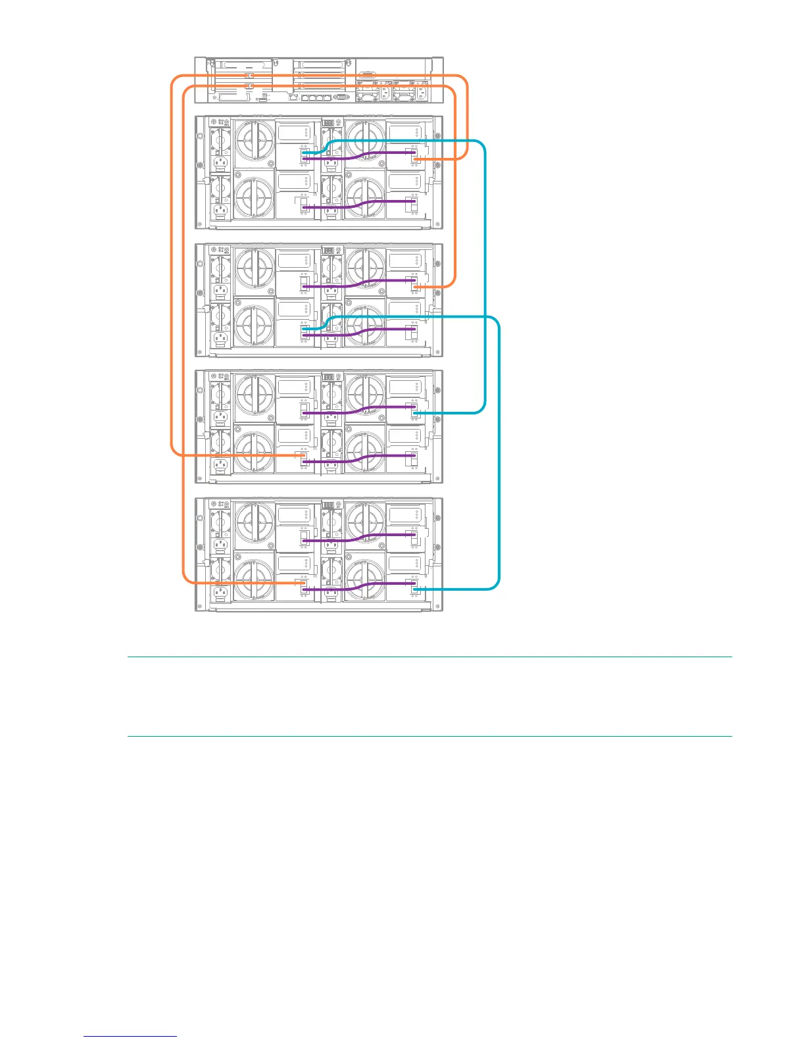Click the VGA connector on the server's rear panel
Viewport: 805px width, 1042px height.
click(x=341, y=97)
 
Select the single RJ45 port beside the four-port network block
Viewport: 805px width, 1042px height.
click(x=293, y=97)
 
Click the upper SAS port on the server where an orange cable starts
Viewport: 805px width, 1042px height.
click(x=249, y=76)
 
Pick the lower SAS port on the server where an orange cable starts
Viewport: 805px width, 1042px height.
click(x=249, y=86)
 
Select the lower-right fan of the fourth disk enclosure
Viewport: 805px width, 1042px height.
click(x=365, y=582)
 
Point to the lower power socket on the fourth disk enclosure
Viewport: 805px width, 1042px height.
click(x=220, y=593)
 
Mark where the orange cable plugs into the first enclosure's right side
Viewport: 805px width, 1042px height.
click(x=415, y=159)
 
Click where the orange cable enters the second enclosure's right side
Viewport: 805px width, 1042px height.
click(x=415, y=287)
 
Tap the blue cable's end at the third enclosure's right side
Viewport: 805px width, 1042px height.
click(x=415, y=413)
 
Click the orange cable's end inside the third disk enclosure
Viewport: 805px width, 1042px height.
click(x=303, y=455)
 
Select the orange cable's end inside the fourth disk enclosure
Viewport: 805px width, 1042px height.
click(x=303, y=583)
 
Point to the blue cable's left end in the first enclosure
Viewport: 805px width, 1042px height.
click(x=304, y=153)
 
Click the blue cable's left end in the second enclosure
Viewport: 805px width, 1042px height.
click(x=304, y=330)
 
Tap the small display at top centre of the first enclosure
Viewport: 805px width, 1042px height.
click(x=328, y=122)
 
